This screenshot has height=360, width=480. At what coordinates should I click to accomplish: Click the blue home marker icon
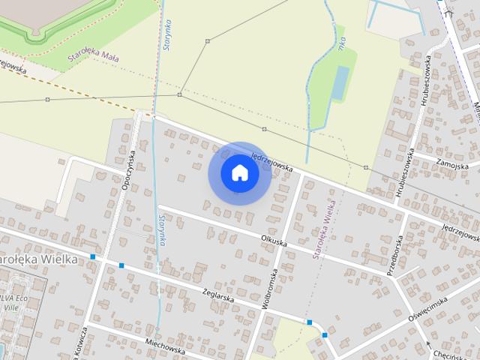click(x=240, y=172)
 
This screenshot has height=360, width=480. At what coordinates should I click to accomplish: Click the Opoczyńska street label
click(x=127, y=169)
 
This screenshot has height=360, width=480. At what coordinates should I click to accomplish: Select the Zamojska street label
click(x=451, y=164)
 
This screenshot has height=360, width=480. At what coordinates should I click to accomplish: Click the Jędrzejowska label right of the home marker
click(x=271, y=160)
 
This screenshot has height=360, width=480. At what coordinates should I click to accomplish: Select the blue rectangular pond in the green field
click(x=340, y=82)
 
